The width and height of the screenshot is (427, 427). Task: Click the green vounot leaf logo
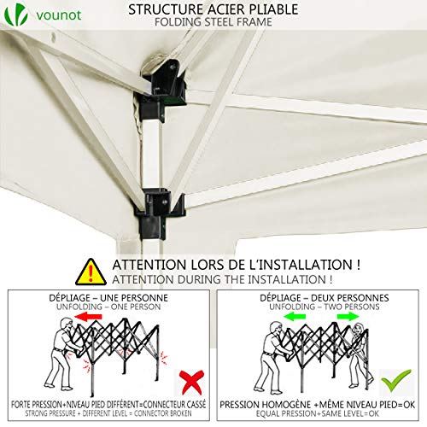coord(16,15)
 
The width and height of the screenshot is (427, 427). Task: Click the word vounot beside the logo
coord(59,15)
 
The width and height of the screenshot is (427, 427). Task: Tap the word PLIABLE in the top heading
coord(273,9)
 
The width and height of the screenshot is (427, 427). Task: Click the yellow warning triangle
coord(91,272)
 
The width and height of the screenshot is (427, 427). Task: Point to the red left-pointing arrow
coord(88,316)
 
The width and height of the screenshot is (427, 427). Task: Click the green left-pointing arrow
coord(295,316)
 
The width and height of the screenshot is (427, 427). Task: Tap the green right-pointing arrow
coord(348,316)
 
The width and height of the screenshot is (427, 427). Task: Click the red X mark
coord(191,382)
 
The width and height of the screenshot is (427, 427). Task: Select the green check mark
coord(396,380)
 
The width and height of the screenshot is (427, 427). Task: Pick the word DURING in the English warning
coord(200,279)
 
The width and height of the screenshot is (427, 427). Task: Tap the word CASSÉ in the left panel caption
coord(196,404)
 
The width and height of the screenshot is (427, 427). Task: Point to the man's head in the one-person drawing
coord(67,325)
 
